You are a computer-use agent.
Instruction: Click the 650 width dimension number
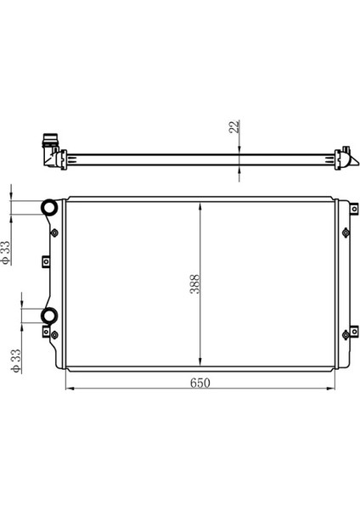point(200,383)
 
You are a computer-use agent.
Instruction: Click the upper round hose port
point(50,207)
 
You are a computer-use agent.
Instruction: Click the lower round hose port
point(50,316)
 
